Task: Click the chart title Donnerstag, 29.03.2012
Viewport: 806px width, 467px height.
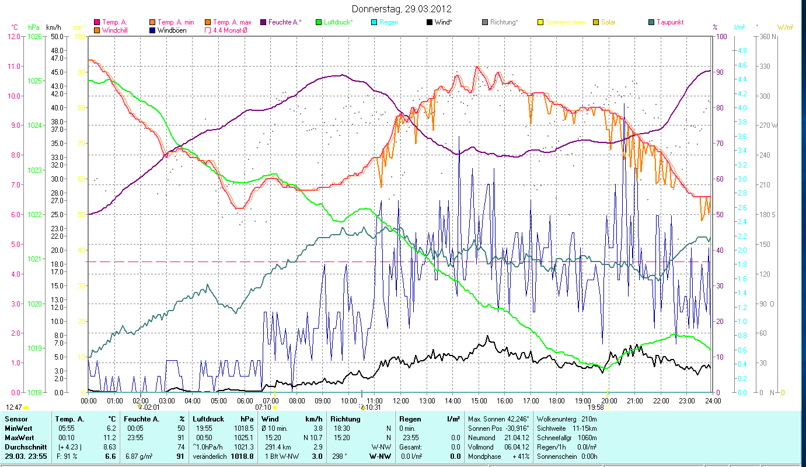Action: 402,9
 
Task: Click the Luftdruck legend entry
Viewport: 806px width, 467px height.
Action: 334,22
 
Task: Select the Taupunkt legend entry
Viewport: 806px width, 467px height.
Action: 669,22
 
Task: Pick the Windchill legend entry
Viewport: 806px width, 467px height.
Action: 114,30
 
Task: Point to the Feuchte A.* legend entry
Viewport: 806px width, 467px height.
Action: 285,22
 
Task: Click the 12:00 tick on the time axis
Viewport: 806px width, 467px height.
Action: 401,400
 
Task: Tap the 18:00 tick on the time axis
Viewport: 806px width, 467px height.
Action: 557,400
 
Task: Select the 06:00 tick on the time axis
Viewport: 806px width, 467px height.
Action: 245,400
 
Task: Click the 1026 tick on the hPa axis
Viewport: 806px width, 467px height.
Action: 34,36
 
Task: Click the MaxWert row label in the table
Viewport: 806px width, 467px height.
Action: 19,437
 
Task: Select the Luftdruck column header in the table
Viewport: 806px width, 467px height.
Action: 208,419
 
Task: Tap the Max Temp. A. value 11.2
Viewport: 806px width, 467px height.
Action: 110,437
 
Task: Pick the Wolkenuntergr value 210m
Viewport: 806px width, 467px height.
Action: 585,419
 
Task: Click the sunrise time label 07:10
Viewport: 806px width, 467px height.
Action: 263,407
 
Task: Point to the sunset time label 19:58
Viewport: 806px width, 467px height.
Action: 595,407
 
